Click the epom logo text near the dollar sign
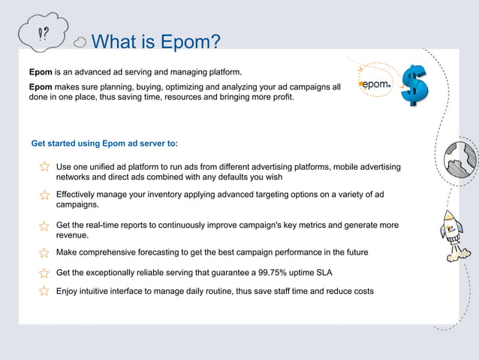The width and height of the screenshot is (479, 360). (x=375, y=85)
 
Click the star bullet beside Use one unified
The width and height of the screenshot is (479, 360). (x=45, y=167)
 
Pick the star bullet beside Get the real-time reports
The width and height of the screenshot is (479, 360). (x=45, y=225)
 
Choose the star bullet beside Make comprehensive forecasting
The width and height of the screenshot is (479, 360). (x=45, y=253)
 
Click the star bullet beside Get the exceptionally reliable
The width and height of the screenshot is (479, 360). (x=45, y=272)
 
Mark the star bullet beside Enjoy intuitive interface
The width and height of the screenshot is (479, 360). (x=45, y=291)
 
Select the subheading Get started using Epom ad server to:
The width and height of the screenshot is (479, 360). (x=104, y=143)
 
